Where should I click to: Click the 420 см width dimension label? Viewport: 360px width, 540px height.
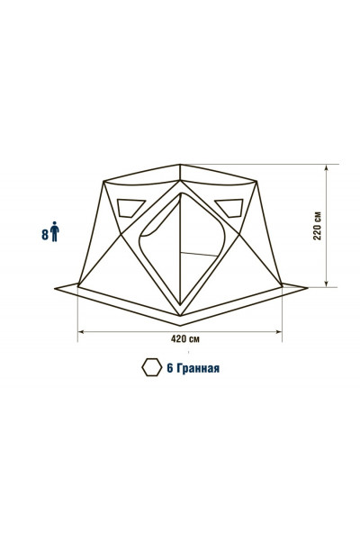[x=185, y=339]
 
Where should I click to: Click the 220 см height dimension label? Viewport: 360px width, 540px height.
[x=318, y=226]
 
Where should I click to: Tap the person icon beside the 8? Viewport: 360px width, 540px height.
[x=54, y=232]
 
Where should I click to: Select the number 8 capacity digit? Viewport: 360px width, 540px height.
[x=45, y=235]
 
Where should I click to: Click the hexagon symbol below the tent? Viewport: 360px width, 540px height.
[x=151, y=367]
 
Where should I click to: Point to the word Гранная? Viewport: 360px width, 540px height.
[x=198, y=368]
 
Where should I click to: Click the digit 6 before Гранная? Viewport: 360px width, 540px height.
[x=170, y=368]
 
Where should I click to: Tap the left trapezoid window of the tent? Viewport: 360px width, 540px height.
[x=130, y=209]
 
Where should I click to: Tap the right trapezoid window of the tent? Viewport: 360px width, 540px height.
[x=229, y=208]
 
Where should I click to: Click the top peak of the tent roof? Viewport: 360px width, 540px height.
[x=180, y=165]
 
